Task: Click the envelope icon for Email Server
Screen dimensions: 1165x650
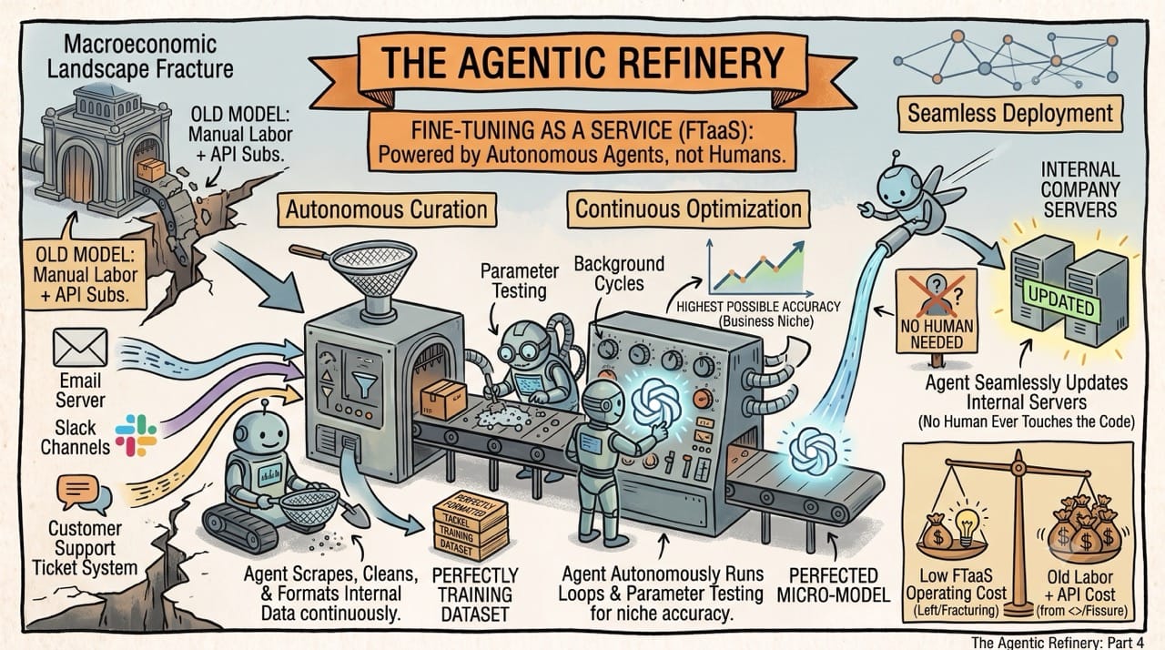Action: coord(80,348)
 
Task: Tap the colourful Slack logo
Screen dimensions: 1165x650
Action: coord(136,435)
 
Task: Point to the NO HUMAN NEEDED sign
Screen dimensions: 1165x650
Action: coord(937,311)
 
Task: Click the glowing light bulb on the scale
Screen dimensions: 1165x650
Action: coord(966,525)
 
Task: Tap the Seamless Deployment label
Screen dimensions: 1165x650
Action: coord(1010,114)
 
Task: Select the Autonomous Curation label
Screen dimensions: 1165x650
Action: coord(387,210)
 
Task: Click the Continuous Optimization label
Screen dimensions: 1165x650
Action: coord(688,209)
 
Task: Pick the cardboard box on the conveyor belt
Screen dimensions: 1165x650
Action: coord(443,400)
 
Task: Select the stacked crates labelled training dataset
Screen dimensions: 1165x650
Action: coord(471,525)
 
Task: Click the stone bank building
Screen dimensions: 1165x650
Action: coord(105,148)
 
